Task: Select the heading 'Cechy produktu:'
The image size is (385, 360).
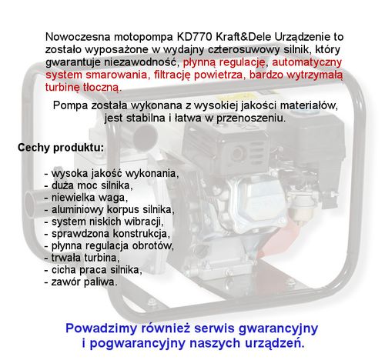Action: pos(62,146)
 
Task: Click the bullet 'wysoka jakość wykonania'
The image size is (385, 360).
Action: pos(112,173)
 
